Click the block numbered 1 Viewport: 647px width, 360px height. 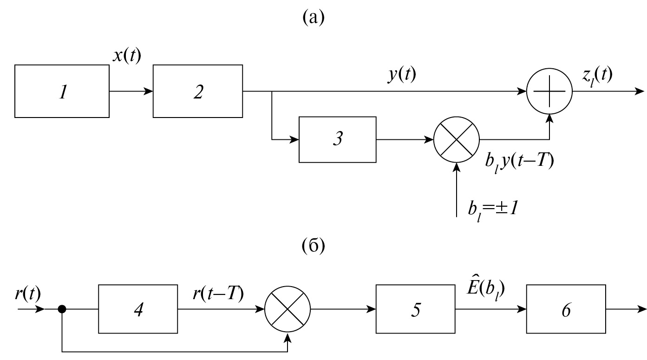(62, 91)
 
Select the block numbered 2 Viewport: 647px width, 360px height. (198, 91)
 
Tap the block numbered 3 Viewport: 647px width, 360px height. (337, 139)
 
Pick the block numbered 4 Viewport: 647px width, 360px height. (137, 309)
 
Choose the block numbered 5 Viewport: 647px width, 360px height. (416, 309)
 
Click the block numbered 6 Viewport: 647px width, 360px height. (566, 309)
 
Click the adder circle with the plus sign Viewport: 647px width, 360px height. (549, 92)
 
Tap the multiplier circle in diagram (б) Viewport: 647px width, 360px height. (288, 309)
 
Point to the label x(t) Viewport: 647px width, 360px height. (127, 56)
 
